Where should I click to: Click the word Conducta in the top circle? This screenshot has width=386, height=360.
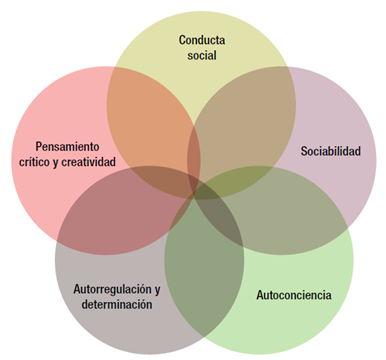[x=201, y=40]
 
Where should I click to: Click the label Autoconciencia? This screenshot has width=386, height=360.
[x=294, y=296]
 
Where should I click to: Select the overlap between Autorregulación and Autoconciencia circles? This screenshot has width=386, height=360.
[x=205, y=260]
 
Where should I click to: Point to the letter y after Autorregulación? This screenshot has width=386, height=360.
[x=156, y=289]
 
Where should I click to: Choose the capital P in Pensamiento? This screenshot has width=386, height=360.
[x=38, y=145]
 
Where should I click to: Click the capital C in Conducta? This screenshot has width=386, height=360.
[x=183, y=40]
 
